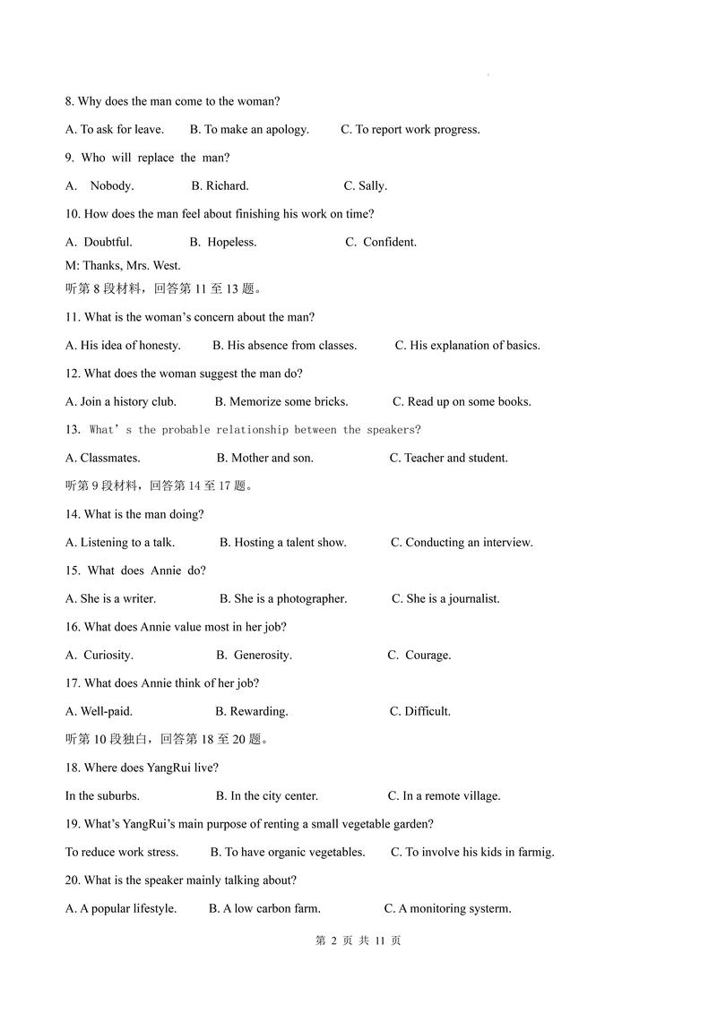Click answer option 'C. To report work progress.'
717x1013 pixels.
click(x=410, y=130)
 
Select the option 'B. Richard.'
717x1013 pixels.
click(x=220, y=186)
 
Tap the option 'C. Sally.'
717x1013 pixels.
click(x=365, y=186)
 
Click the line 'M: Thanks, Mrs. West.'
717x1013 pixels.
click(x=123, y=265)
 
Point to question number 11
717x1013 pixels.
click(x=73, y=317)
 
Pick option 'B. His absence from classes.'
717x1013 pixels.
click(x=284, y=346)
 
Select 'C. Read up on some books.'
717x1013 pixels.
click(x=462, y=402)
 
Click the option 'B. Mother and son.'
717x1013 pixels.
click(x=264, y=459)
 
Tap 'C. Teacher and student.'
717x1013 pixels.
click(x=448, y=459)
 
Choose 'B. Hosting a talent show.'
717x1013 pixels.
click(x=282, y=543)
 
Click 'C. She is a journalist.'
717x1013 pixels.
click(x=445, y=599)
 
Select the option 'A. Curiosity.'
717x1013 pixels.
click(x=99, y=656)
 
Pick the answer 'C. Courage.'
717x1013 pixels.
click(x=419, y=656)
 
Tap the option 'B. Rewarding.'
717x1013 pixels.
click(x=251, y=712)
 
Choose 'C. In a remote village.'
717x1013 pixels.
click(x=444, y=796)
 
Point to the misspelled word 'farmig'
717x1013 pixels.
click(x=534, y=853)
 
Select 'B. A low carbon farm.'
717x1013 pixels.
click(x=264, y=909)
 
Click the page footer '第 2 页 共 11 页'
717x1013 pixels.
click(x=358, y=940)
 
